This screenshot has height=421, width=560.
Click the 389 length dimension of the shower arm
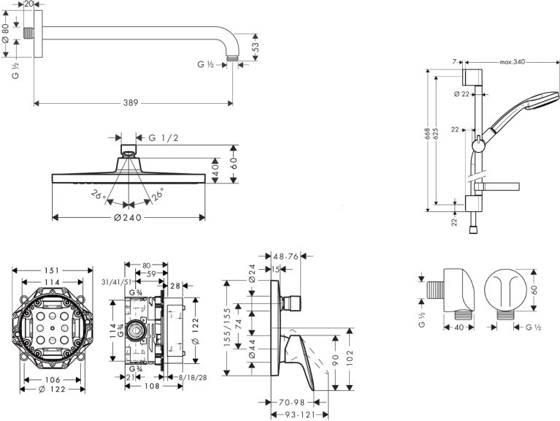point(131,103)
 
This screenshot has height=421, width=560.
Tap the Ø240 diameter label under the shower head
point(128,217)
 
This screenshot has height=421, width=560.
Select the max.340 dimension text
point(512,62)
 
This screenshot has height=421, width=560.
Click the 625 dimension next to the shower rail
point(436,134)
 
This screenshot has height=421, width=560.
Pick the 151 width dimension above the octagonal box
point(52,270)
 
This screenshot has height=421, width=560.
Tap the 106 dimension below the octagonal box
point(53,379)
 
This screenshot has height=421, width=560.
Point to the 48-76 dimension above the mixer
point(285,257)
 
